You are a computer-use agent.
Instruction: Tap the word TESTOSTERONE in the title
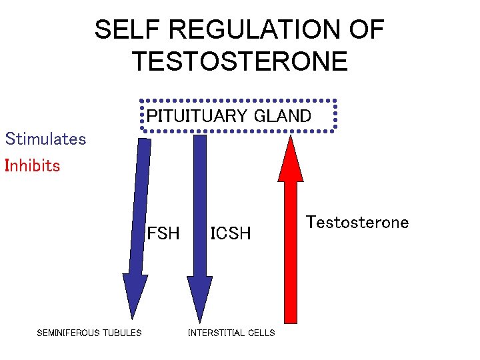240,61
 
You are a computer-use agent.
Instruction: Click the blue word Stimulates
46,139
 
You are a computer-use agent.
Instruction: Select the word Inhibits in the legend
33,165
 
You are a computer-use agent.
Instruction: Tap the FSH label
163,233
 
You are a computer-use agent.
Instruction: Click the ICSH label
231,233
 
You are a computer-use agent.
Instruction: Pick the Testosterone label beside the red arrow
357,222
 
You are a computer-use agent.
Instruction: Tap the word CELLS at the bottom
261,333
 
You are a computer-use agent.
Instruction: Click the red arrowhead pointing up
291,160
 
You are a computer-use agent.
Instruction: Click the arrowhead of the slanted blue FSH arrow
135,293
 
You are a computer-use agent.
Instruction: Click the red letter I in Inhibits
7,165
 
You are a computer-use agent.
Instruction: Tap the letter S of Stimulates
9,139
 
